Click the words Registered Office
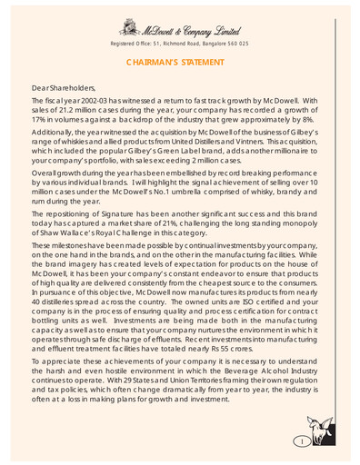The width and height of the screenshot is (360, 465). pyautogui.click(x=135, y=43)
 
